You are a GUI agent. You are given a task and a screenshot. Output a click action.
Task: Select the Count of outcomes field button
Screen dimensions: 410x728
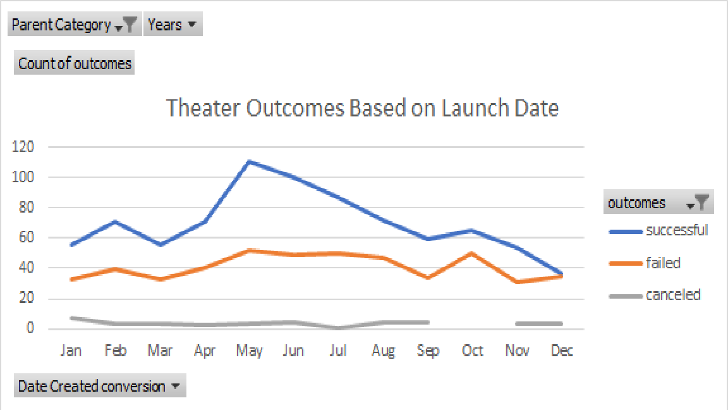[x=75, y=63]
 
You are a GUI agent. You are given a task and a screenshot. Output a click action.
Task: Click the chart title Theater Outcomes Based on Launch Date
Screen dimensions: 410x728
[x=362, y=108]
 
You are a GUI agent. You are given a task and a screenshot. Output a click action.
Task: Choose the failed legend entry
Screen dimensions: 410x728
[x=663, y=263]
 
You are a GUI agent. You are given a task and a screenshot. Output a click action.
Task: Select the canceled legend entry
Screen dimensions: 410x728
[x=673, y=295]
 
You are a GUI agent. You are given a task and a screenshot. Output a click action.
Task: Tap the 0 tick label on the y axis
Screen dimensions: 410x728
[x=29, y=329]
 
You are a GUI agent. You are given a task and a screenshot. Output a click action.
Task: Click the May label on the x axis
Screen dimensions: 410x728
[x=249, y=351]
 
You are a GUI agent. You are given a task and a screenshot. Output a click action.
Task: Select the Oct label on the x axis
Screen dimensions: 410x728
[x=472, y=351]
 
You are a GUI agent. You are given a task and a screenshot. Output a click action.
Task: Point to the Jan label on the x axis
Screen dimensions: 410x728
[x=71, y=351]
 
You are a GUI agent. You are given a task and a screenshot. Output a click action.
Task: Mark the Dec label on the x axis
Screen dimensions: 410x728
[x=562, y=351]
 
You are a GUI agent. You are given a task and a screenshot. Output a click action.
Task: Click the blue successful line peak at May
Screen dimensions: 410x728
[x=249, y=161]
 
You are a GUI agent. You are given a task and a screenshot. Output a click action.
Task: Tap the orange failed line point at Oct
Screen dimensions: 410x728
[x=472, y=253]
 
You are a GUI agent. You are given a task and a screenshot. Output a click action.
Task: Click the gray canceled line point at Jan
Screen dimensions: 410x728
[x=71, y=318]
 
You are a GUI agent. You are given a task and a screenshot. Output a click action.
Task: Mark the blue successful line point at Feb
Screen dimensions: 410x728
[x=115, y=221]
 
